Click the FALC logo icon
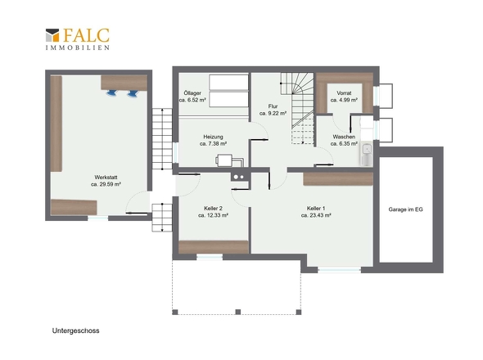(x=52, y=35)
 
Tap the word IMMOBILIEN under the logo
(x=78, y=47)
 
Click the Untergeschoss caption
(x=76, y=331)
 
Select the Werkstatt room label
(x=106, y=178)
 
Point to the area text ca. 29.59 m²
(x=106, y=184)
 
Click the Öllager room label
(x=192, y=93)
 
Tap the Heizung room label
(x=213, y=137)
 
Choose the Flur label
(x=273, y=106)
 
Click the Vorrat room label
(x=344, y=93)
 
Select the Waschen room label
(x=344, y=137)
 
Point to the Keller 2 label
(x=213, y=209)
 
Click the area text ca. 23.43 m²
(x=316, y=215)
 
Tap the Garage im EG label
(x=406, y=209)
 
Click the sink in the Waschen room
(x=367, y=149)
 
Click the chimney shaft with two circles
(x=239, y=177)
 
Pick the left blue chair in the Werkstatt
(x=112, y=92)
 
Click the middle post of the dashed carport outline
(x=237, y=312)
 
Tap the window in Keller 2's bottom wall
(x=210, y=257)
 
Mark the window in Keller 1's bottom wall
(x=340, y=270)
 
